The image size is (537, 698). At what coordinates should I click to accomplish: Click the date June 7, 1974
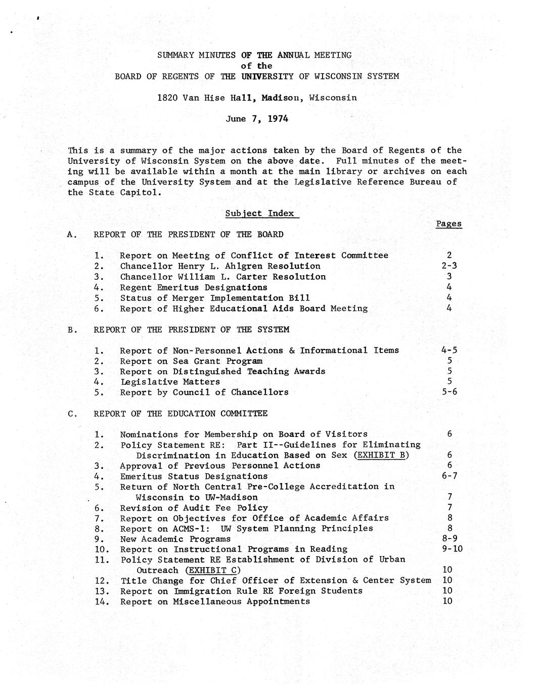257,119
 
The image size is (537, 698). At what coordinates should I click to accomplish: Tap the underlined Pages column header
449,224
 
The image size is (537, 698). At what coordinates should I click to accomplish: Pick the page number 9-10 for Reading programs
452,549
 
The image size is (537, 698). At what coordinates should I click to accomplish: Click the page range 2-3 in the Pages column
449,266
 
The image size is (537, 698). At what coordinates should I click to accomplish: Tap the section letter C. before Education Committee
72,414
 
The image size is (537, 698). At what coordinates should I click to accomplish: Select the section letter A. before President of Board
72,235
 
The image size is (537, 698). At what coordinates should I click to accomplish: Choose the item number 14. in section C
101,601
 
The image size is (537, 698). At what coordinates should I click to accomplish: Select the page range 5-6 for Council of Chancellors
449,391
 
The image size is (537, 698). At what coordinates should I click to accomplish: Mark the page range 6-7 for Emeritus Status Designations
449,475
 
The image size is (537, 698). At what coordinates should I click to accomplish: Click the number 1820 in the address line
167,98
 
